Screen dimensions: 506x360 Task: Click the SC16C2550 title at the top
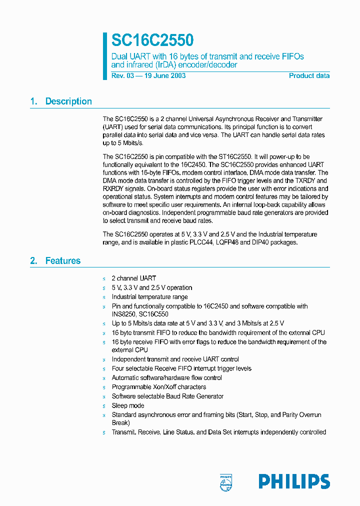point(152,40)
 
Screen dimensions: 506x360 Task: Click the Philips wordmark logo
point(294,481)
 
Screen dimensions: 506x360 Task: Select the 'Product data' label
point(309,76)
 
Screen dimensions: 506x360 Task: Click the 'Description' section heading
point(68,101)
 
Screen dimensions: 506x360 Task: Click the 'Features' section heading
point(62,261)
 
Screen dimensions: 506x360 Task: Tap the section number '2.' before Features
point(33,261)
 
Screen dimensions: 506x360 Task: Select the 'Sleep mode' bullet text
point(127,405)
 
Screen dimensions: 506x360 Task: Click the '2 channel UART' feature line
point(133,278)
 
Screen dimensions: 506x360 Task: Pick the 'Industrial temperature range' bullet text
point(149,297)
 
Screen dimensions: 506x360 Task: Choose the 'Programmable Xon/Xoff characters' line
point(158,387)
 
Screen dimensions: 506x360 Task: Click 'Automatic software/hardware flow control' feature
point(166,378)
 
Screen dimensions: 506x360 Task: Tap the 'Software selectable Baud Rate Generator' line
point(167,396)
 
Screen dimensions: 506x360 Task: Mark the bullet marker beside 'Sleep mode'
point(104,406)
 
